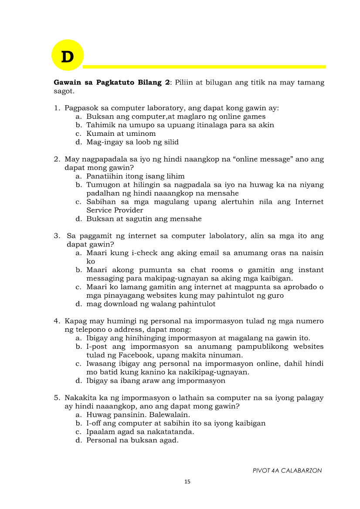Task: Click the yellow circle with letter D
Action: (67, 55)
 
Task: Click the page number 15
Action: (187, 482)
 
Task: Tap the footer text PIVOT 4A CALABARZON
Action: (287, 470)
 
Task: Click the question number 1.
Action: (57, 108)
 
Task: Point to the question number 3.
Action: (57, 236)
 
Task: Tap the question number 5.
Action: (57, 398)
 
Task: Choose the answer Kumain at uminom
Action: (121, 134)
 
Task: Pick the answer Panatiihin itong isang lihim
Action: (135, 176)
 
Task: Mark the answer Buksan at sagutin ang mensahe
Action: (144, 219)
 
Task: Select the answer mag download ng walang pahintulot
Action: (151, 304)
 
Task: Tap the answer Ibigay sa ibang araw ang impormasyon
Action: (156, 381)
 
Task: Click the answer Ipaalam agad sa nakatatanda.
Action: (140, 432)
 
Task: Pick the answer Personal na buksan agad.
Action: (132, 440)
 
